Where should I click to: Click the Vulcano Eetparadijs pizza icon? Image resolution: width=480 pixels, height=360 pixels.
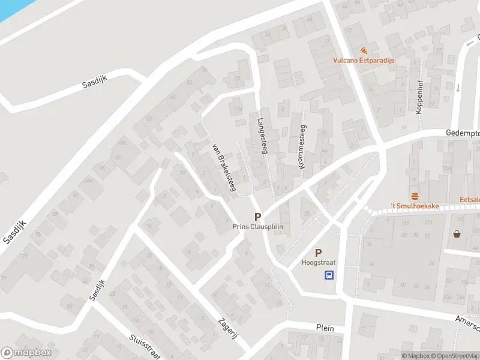pyautogui.click(x=364, y=51)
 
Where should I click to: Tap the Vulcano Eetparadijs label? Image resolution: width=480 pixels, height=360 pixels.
pyautogui.click(x=364, y=61)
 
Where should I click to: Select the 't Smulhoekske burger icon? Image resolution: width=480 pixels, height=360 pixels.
pyautogui.click(x=415, y=197)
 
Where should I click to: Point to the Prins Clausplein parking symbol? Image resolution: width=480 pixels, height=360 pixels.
pyautogui.click(x=257, y=217)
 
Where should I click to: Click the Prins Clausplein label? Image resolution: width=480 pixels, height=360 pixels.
pyautogui.click(x=257, y=227)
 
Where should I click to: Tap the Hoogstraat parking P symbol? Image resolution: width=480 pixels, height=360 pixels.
pyautogui.click(x=318, y=253)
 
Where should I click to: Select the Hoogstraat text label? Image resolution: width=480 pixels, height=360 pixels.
pyautogui.click(x=318, y=263)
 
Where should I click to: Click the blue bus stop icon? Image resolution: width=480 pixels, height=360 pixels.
pyautogui.click(x=329, y=275)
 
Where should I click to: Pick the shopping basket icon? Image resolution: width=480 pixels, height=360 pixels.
pyautogui.click(x=457, y=234)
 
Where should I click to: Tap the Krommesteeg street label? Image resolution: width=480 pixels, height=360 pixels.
pyautogui.click(x=302, y=146)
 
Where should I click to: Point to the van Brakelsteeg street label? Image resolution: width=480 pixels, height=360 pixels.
pyautogui.click(x=223, y=167)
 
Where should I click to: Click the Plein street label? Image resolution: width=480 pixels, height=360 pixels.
pyautogui.click(x=325, y=328)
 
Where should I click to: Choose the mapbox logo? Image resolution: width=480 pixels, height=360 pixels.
pyautogui.click(x=26, y=353)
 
